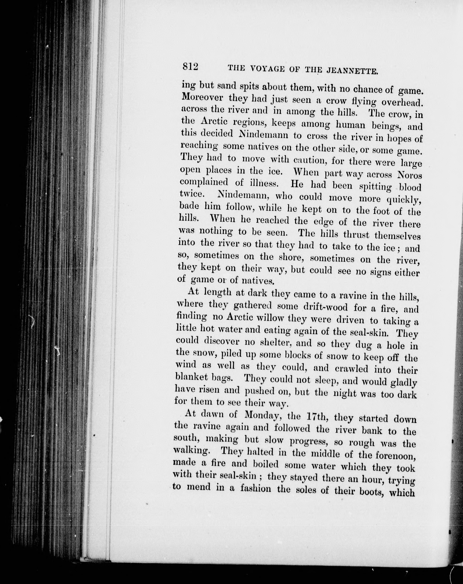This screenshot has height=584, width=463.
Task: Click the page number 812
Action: [191, 66]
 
